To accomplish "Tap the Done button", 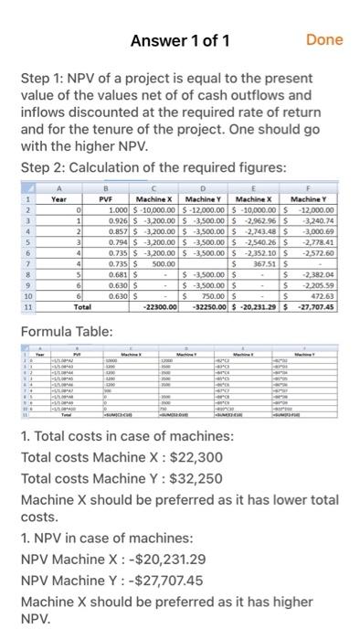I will [324, 39].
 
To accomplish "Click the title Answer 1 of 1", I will [179, 39].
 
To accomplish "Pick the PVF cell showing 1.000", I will [116, 210].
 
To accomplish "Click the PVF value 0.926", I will [116, 222].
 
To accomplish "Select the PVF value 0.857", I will [116, 233].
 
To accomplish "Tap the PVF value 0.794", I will [116, 245].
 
